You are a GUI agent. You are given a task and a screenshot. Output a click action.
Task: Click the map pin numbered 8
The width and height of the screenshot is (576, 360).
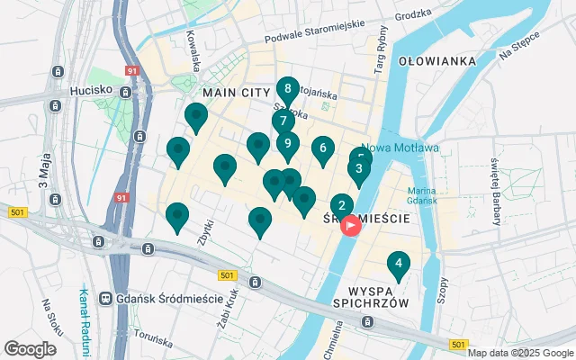[x=287, y=89]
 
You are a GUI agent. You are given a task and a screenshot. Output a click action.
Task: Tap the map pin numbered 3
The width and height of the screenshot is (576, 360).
[x=359, y=169]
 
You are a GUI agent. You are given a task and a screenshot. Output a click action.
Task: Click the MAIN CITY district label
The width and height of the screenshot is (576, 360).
[x=237, y=94]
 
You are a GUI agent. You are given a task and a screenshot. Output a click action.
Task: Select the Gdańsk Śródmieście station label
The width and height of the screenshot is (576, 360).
[x=171, y=298]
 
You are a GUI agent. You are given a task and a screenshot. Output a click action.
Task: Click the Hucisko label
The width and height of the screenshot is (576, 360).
[x=91, y=91]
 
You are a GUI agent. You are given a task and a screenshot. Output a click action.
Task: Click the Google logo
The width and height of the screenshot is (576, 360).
[x=30, y=349]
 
